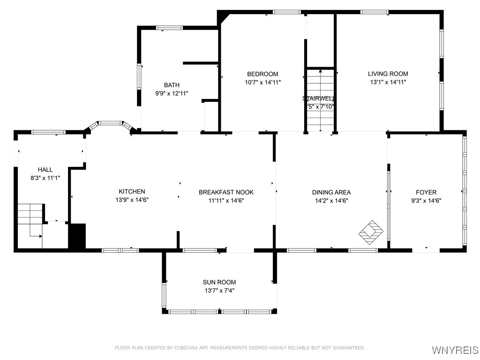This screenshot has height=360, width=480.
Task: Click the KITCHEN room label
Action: point(132,191)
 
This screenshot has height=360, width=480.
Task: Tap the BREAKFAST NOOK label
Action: point(226,192)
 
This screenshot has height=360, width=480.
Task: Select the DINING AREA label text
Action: point(331,192)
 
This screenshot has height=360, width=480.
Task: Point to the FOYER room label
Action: point(426,192)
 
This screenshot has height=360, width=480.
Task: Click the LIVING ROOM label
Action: point(388,74)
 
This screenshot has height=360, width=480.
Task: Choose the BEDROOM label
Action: point(262,74)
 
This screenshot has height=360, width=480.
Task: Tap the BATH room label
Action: point(172,85)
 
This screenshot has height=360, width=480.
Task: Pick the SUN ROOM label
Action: point(219,282)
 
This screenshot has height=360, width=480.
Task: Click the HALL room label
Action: point(45,170)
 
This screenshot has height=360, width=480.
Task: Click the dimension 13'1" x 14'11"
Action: point(388,82)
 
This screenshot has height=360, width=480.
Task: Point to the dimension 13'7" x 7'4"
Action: point(219,291)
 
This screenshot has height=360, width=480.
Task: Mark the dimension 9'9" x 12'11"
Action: point(172,93)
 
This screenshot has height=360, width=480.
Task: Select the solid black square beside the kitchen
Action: point(77,236)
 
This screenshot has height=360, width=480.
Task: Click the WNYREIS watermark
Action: point(455,350)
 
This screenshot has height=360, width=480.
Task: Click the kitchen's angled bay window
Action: point(110,124)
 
